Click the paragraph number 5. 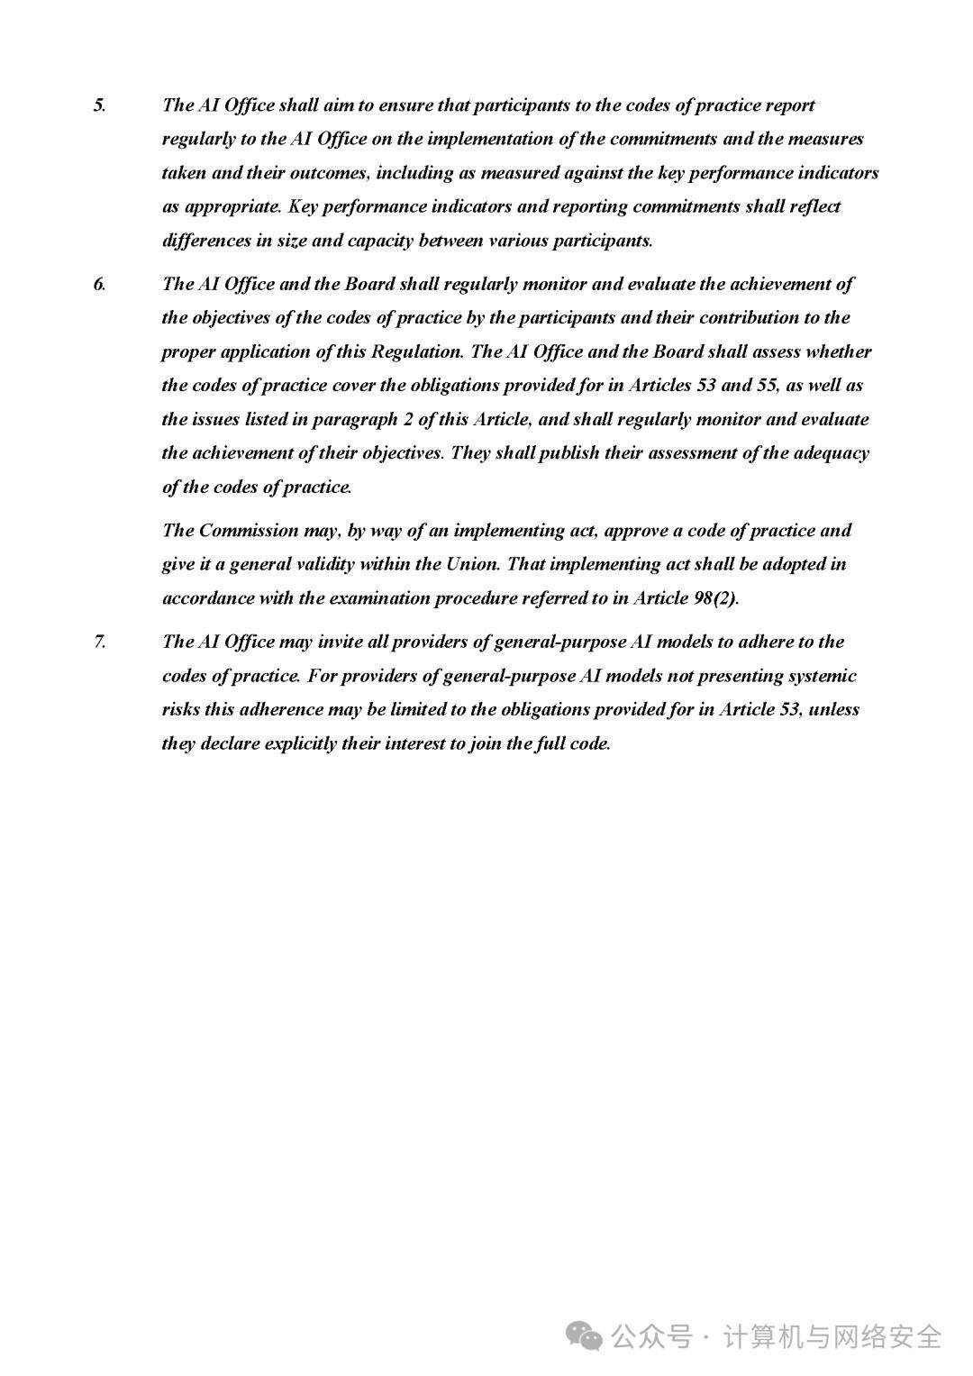click(x=99, y=105)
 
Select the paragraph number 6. click(x=99, y=285)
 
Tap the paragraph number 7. click(x=99, y=642)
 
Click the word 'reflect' click(x=815, y=206)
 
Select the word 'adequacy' click(x=832, y=453)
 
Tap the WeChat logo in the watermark click(x=586, y=1335)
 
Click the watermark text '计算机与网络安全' click(x=833, y=1335)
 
